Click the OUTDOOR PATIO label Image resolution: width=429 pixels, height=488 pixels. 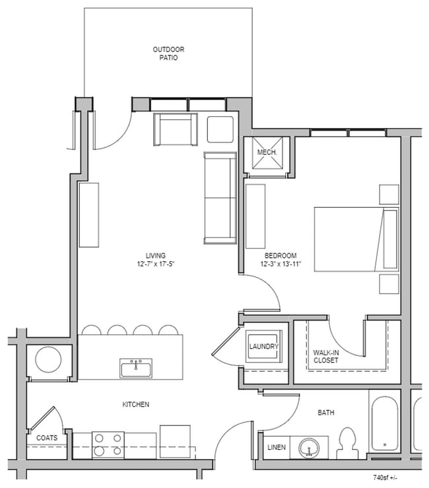pyautogui.click(x=168, y=53)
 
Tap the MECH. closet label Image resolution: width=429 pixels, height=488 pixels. pyautogui.click(x=267, y=152)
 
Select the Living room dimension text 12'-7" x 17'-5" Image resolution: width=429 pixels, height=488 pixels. pyautogui.click(x=156, y=264)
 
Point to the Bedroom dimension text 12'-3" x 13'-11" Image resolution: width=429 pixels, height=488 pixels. pyautogui.click(x=280, y=264)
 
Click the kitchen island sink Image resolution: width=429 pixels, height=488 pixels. pyautogui.click(x=136, y=368)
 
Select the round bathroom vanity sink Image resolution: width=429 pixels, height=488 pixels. pyautogui.click(x=309, y=448)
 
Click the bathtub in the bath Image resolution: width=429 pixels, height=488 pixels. pyautogui.click(x=385, y=424)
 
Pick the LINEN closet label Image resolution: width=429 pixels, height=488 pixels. pyautogui.click(x=277, y=447)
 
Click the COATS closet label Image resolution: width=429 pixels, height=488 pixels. pyautogui.click(x=47, y=438)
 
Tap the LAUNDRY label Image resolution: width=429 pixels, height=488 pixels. pyautogui.click(x=263, y=346)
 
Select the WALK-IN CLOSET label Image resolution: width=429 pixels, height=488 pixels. pyautogui.click(x=326, y=357)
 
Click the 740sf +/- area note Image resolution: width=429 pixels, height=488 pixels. pyautogui.click(x=385, y=477)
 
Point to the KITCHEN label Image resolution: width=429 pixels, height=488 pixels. pyautogui.click(x=136, y=404)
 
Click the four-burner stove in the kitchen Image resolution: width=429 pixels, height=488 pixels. pyautogui.click(x=108, y=445)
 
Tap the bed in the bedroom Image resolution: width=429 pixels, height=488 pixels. pyautogui.click(x=356, y=239)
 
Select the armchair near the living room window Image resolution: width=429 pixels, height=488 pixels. pyautogui.click(x=176, y=129)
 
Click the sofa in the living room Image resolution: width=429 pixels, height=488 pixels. pyautogui.click(x=220, y=198)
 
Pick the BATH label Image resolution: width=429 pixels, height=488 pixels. pyautogui.click(x=326, y=413)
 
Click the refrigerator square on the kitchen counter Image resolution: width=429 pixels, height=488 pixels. pyautogui.click(x=175, y=442)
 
